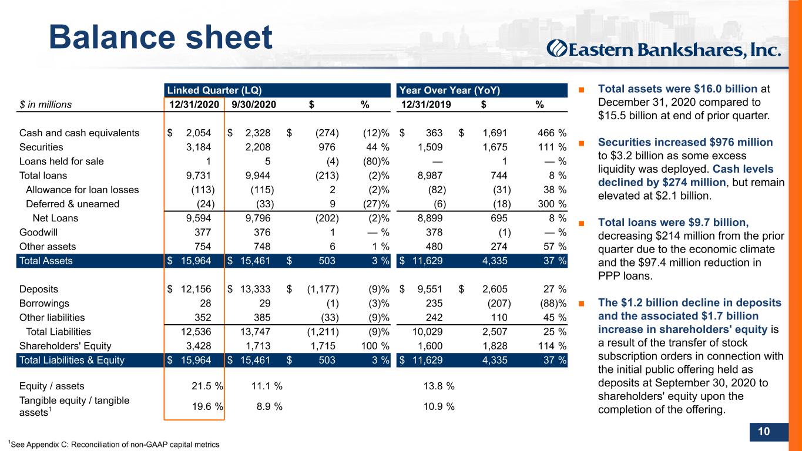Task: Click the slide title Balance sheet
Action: (x=160, y=37)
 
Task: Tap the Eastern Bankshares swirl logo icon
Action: (x=557, y=48)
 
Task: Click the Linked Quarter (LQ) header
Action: (x=214, y=90)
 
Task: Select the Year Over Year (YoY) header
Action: (x=449, y=90)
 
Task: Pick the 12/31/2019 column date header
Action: (x=426, y=105)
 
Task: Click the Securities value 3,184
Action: (x=199, y=147)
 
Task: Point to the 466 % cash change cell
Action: (x=552, y=133)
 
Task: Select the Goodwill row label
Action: (x=38, y=233)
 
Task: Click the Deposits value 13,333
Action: (x=255, y=289)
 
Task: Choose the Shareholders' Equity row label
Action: (x=65, y=346)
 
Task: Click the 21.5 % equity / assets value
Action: (x=207, y=386)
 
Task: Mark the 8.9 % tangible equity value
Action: (x=269, y=406)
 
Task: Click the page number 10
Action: (x=764, y=431)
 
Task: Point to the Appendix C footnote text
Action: (x=114, y=445)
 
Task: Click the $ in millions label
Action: (x=45, y=105)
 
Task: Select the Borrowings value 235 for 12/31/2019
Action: (x=434, y=303)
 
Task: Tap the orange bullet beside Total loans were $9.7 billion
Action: (x=581, y=223)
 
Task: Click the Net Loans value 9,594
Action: (x=199, y=218)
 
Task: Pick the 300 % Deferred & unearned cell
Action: (x=552, y=204)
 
